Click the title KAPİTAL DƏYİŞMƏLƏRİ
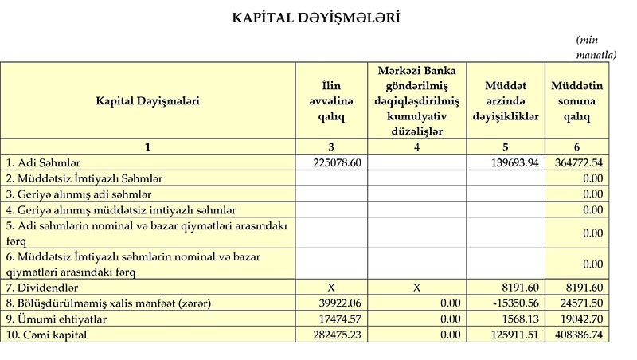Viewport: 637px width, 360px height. pyautogui.click(x=315, y=17)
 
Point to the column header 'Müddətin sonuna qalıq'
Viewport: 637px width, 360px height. pyautogui.click(x=577, y=101)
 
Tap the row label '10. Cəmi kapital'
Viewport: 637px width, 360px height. pyautogui.click(x=47, y=335)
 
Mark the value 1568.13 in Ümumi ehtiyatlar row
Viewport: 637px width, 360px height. pyautogui.click(x=522, y=319)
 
